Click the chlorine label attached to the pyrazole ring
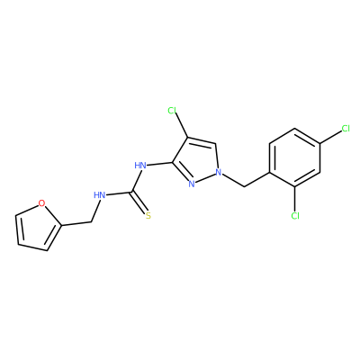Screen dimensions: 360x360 172,111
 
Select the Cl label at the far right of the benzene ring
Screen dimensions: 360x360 346,129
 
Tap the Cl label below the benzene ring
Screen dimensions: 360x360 295,216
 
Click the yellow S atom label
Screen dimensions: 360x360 148,215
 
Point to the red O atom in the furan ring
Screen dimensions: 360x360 42,204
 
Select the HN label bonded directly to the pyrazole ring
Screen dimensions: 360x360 140,165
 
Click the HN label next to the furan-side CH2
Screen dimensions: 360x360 99,195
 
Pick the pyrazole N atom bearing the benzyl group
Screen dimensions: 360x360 219,173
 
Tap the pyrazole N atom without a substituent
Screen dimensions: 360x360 192,184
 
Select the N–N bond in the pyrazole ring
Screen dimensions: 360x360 205,178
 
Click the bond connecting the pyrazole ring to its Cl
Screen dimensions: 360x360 181,126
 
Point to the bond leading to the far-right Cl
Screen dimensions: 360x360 331,137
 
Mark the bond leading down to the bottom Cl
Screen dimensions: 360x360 295,199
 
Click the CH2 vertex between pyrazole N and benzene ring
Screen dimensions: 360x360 244,187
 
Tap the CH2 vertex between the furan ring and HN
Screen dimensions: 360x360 91,222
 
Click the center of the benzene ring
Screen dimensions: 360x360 295,157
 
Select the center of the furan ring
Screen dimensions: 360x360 37,228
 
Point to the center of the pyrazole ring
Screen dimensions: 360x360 197,161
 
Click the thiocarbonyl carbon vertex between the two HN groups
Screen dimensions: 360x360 131,192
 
